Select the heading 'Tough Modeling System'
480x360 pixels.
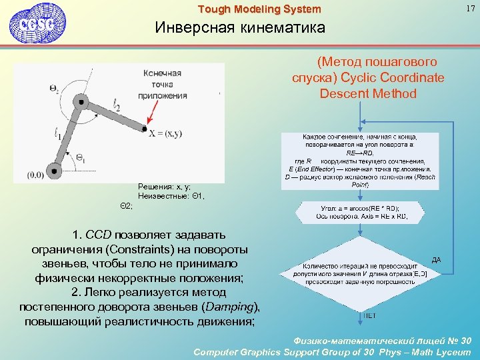point(259,9)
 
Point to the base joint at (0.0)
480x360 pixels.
point(51,167)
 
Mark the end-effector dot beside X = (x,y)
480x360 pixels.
point(145,129)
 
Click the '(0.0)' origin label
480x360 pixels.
point(36,175)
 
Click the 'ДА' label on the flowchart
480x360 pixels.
point(436,259)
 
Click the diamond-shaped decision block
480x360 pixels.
point(360,269)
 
